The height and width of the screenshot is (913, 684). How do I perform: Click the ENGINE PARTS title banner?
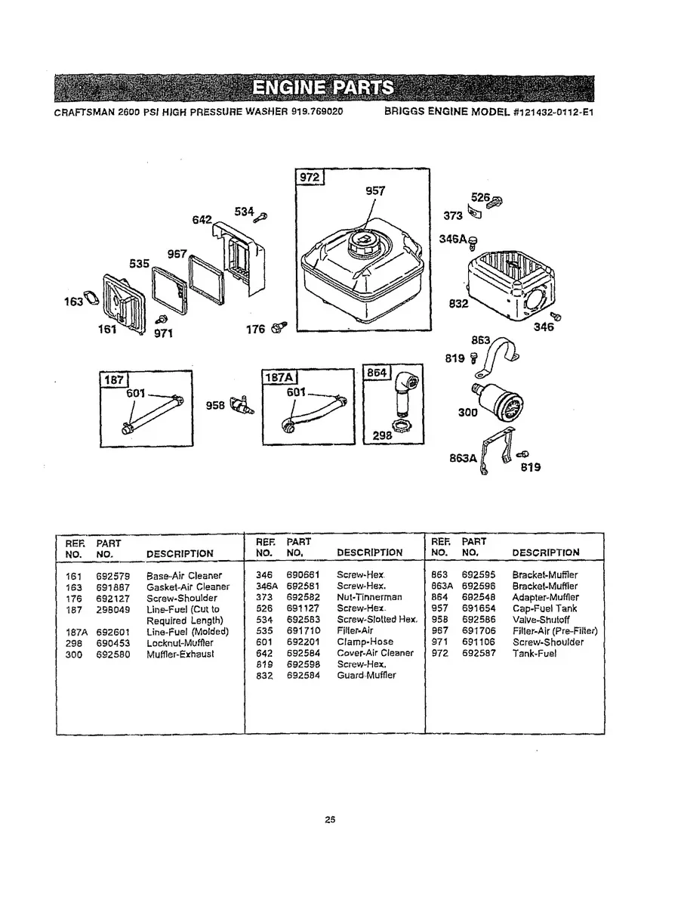tap(323, 88)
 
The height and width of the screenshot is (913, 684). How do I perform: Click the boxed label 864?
tap(377, 373)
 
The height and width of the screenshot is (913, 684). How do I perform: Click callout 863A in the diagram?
tap(461, 458)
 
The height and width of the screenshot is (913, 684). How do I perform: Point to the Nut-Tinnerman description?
tap(369, 597)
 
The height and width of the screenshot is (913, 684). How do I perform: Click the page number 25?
tap(330, 819)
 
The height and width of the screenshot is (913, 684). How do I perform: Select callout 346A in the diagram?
tap(451, 239)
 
